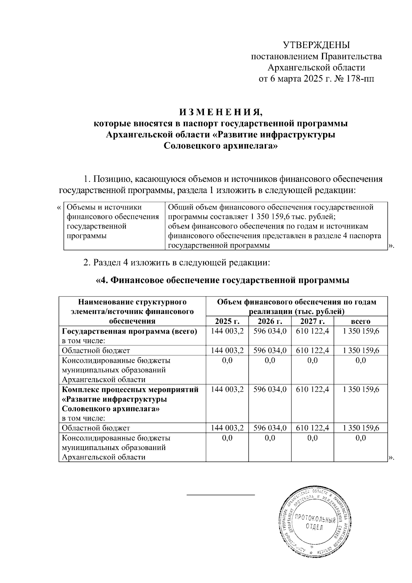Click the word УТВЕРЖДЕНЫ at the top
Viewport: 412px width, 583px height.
pyautogui.click(x=316, y=45)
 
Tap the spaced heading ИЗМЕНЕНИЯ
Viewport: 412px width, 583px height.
pyautogui.click(x=220, y=112)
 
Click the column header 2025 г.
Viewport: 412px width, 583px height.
pyautogui.click(x=227, y=322)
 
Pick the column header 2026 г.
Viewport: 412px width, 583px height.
pyautogui.click(x=270, y=322)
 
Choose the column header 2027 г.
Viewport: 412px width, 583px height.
pyautogui.click(x=312, y=322)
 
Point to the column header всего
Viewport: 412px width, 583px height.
pyautogui.click(x=360, y=322)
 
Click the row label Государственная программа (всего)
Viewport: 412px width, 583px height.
pyautogui.click(x=129, y=332)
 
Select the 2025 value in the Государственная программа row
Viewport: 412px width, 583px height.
pyautogui.click(x=227, y=332)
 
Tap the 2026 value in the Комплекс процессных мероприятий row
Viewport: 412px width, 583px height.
pyautogui.click(x=270, y=390)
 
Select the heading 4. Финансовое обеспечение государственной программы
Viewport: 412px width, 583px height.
pyautogui.click(x=222, y=280)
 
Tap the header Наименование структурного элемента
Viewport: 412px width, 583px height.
pyautogui.click(x=132, y=302)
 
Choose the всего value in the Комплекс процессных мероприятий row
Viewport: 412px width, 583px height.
pyautogui.click(x=360, y=390)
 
